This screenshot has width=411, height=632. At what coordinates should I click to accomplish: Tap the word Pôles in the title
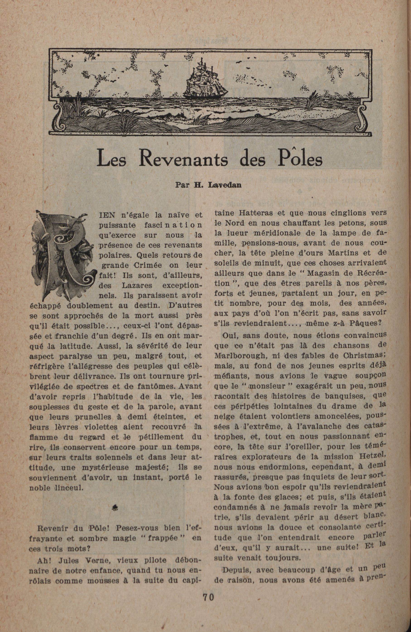[x=301, y=159]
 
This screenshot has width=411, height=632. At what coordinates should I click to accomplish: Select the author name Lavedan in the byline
[x=225, y=185]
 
